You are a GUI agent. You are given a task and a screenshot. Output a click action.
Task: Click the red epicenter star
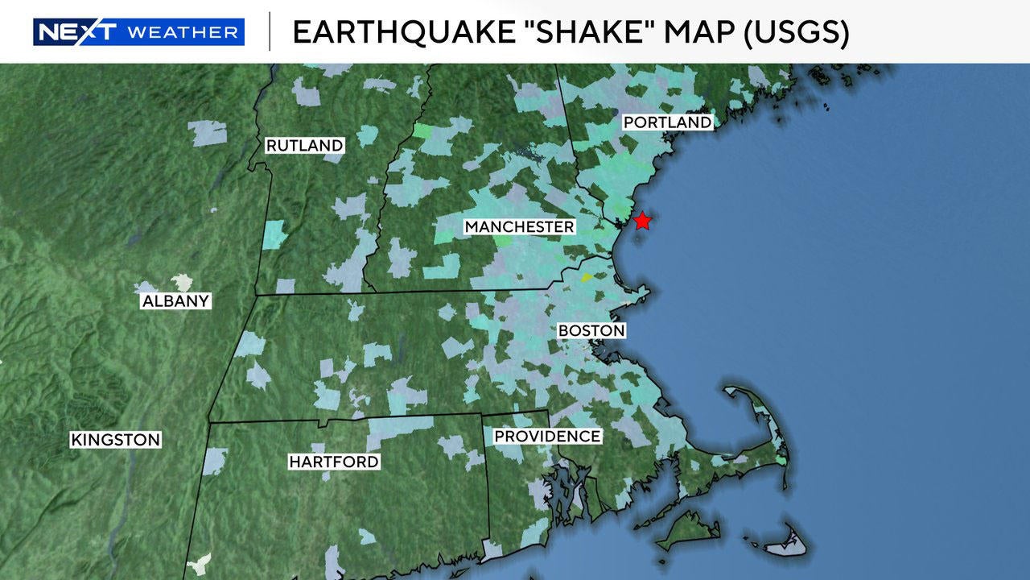point(642,221)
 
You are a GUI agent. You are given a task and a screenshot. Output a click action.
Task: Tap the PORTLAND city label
point(668,122)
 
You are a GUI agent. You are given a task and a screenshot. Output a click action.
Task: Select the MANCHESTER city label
point(520,227)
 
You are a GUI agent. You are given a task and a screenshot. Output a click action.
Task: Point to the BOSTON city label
point(591,330)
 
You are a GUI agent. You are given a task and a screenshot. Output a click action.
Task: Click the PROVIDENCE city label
point(547,436)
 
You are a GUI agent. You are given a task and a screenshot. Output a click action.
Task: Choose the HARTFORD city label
point(334,462)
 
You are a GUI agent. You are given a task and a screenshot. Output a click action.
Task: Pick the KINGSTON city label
point(116,440)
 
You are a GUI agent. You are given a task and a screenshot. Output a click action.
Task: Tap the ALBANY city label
point(175,301)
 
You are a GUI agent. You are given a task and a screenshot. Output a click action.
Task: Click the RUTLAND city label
point(305,146)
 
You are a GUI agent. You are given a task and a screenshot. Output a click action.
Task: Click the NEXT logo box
point(77,32)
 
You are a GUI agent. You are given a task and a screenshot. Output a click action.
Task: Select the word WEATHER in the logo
point(183,32)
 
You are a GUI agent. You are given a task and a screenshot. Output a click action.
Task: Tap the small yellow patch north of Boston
point(587,277)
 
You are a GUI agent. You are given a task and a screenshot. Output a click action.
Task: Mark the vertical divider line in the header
point(269,31)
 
